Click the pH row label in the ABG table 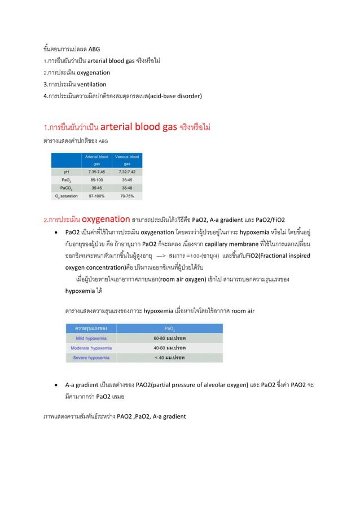[67, 172]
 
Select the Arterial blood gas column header [96, 160]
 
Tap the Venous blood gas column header [127, 160]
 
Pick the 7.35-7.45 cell [96, 172]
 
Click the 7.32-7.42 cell [127, 172]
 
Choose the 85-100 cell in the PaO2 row [96, 180]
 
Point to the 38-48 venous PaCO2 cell [127, 188]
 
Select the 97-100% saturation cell [96, 196]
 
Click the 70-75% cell [127, 196]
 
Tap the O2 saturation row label [67, 196]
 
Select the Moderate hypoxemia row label [91, 348]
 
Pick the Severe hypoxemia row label [91, 358]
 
